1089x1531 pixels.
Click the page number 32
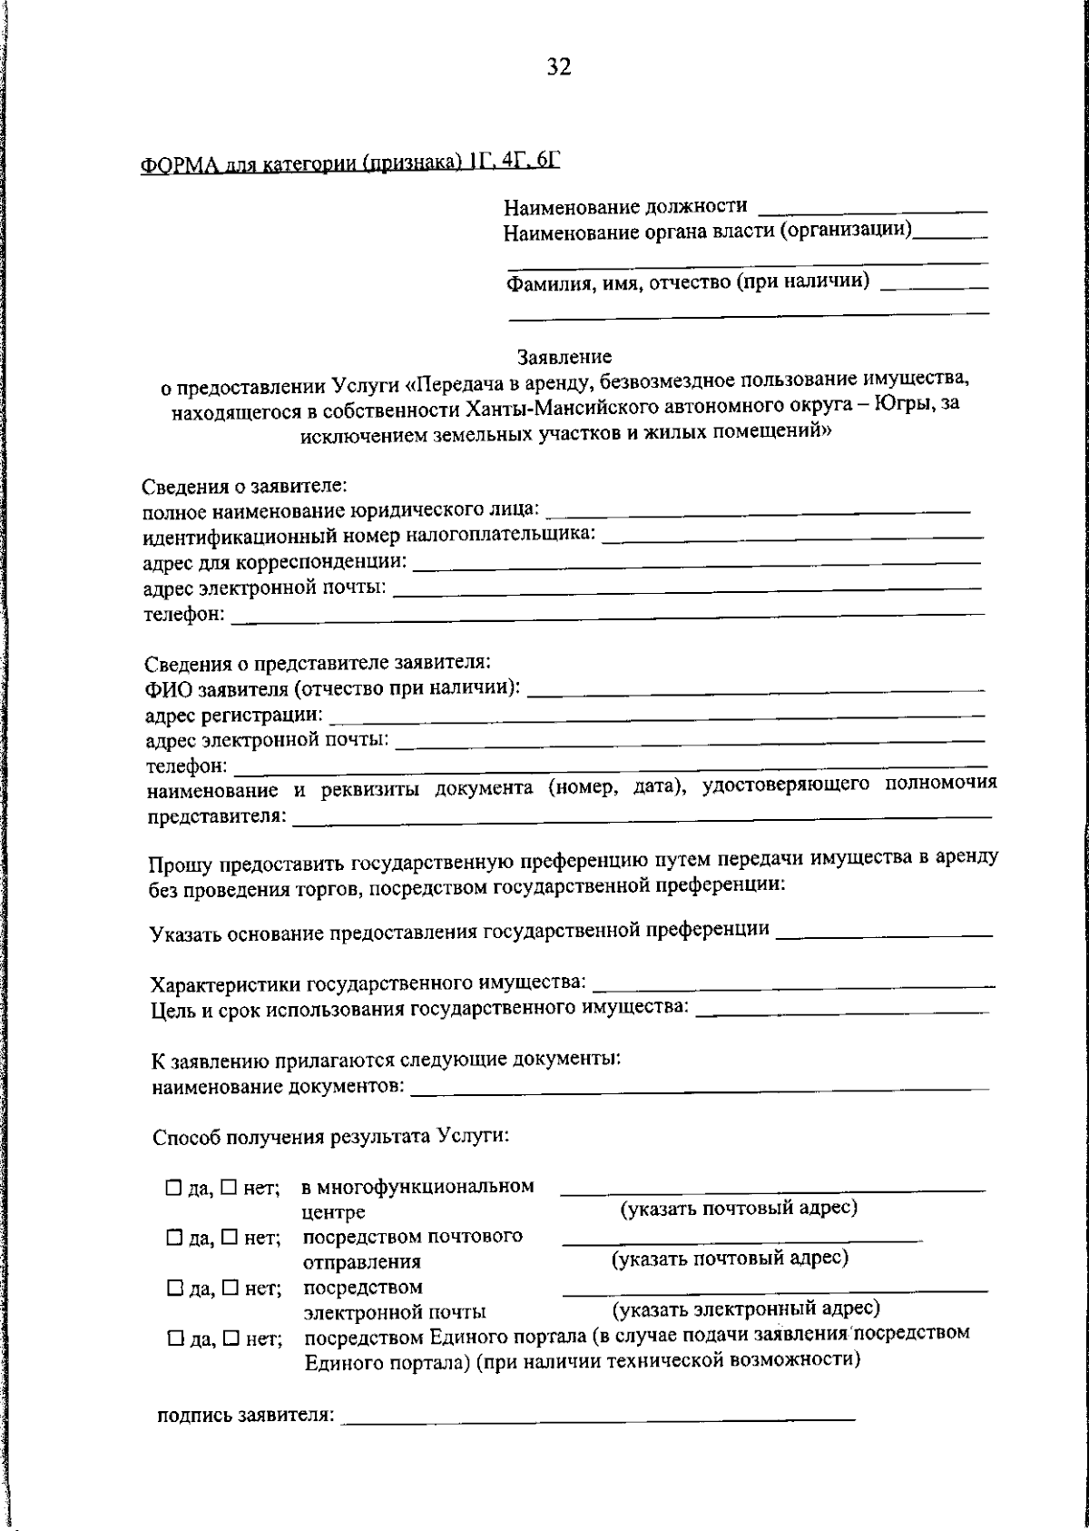point(559,67)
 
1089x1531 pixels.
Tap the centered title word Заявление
point(564,357)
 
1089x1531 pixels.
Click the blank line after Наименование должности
point(872,210)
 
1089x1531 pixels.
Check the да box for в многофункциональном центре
point(173,1188)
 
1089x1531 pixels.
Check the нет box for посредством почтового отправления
point(230,1237)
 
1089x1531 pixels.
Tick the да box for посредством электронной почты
point(173,1288)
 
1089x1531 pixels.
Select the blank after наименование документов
point(700,1087)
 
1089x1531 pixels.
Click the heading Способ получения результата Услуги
point(330,1136)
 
